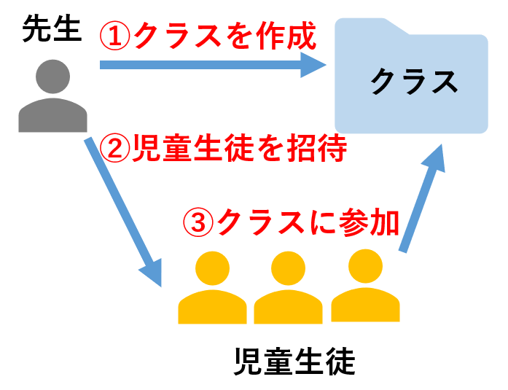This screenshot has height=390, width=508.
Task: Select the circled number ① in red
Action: point(117,34)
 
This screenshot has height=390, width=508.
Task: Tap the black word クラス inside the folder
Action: point(413,82)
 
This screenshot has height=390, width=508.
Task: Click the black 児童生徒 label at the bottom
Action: point(294,361)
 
